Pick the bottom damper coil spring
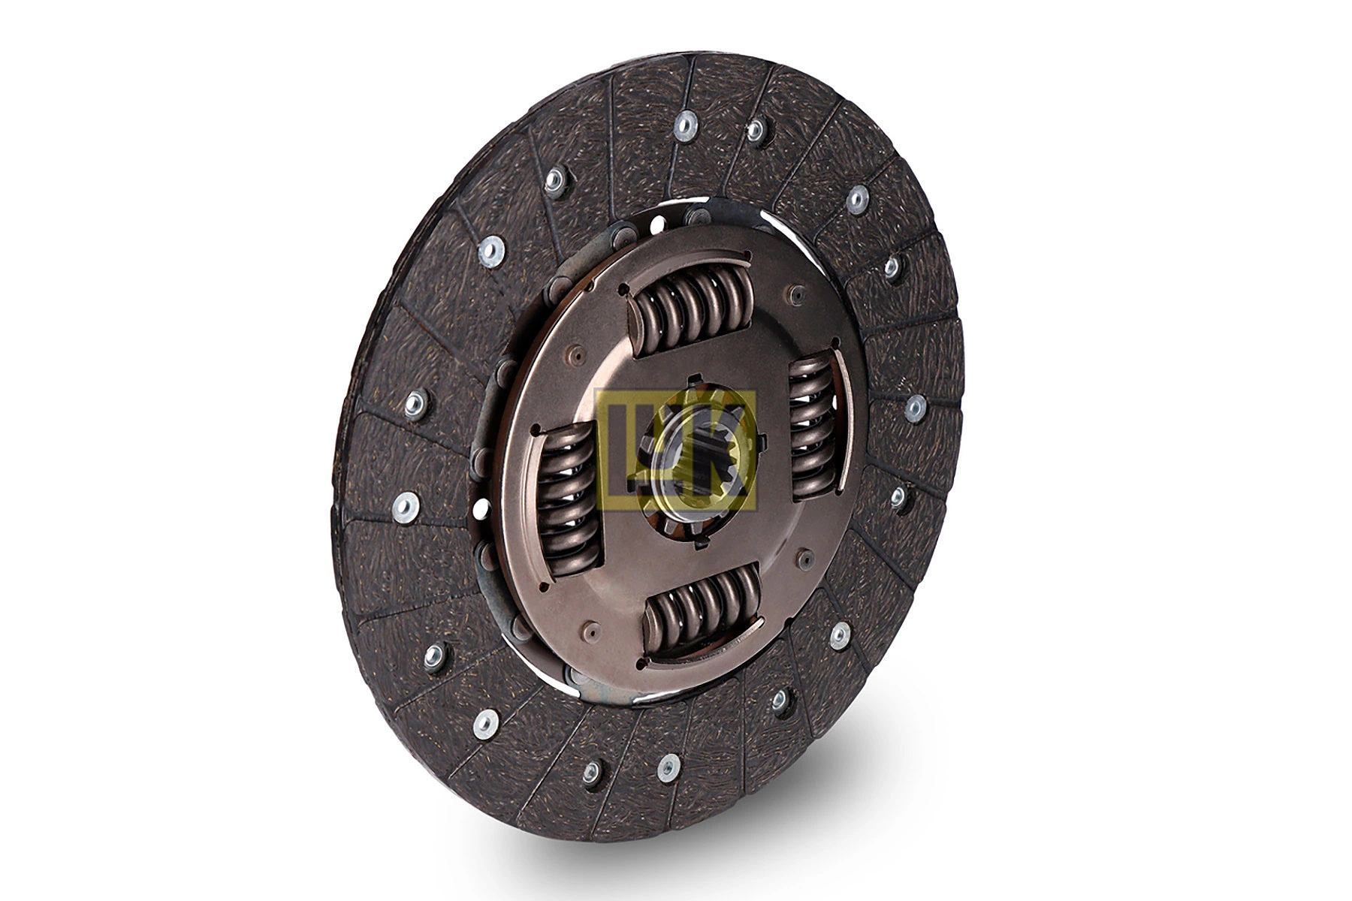pos(702,610)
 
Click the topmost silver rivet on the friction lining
pos(684,125)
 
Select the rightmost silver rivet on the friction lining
pos(915,408)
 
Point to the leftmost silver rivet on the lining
pos(406,508)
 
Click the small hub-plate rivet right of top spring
pos(796,294)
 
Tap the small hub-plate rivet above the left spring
pos(577,354)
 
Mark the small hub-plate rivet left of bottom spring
pos(591,631)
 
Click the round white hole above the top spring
pos(658,224)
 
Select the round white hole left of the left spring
pos(481,508)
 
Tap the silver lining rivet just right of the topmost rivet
pos(756,131)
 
